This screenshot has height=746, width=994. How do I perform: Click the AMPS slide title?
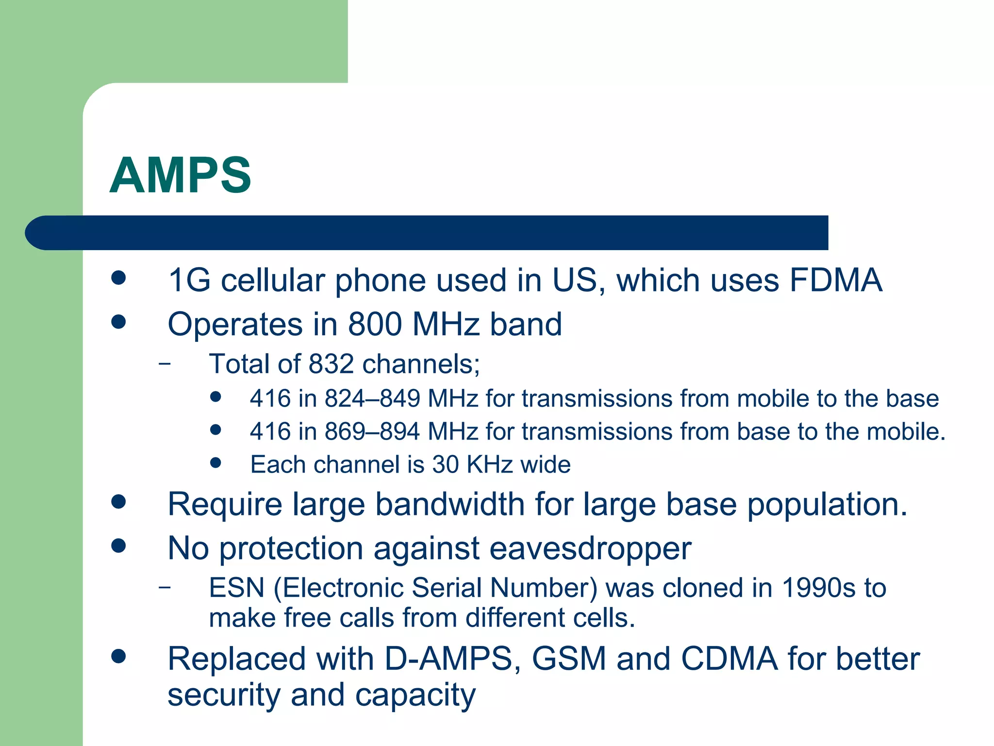click(180, 175)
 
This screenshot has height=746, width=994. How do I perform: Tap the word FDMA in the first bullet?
click(835, 280)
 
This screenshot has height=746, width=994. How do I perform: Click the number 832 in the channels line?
click(331, 364)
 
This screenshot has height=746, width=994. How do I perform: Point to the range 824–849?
click(372, 399)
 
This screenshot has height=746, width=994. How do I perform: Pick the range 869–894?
click(372, 432)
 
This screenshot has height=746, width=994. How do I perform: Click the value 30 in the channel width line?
click(445, 465)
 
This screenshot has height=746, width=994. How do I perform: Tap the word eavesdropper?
click(590, 549)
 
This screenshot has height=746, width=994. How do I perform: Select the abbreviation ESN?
click(236, 588)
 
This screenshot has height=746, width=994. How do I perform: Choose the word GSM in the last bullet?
click(569, 659)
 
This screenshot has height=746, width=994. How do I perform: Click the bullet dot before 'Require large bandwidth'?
click(118, 502)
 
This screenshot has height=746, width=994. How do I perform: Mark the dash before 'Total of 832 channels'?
click(165, 363)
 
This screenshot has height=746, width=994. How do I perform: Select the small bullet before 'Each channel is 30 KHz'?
click(216, 463)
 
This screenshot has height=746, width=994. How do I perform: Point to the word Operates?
click(235, 324)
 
